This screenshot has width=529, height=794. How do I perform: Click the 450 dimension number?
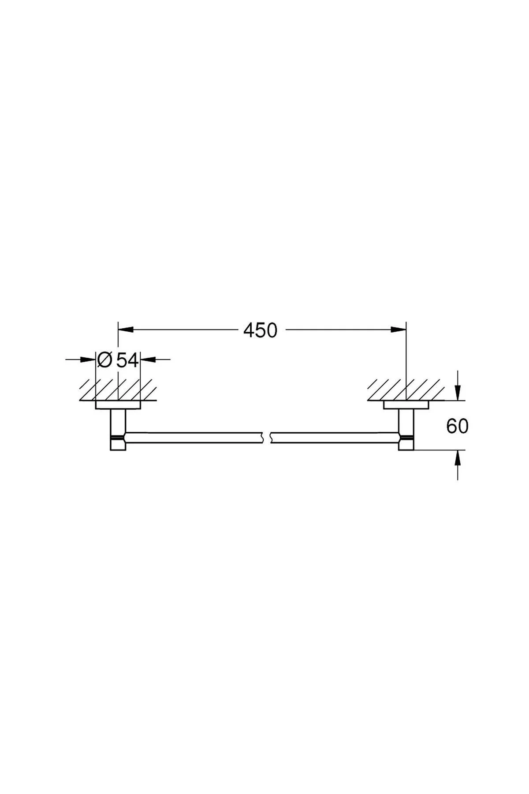[x=260, y=330]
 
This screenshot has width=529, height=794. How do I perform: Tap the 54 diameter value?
[x=128, y=360]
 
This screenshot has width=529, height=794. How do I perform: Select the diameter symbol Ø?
[x=104, y=360]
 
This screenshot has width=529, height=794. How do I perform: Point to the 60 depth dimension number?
[x=457, y=426]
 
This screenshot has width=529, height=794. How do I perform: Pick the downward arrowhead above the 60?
[x=458, y=392]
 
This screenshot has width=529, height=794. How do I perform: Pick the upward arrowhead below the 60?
[x=458, y=458]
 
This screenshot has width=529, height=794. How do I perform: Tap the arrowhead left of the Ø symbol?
[x=88, y=360]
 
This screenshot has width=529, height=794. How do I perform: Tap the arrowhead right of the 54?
[x=149, y=360]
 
